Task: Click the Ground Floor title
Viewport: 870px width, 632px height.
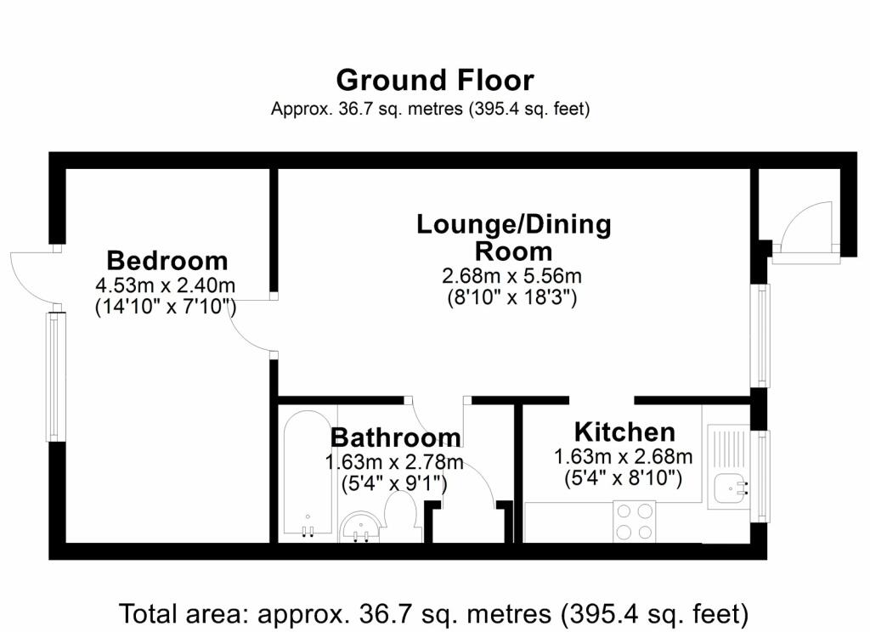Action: tap(434, 81)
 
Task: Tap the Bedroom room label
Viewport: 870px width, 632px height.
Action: tap(167, 261)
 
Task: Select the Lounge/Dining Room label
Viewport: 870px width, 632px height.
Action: tap(514, 238)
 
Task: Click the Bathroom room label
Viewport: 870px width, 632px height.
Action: tap(396, 437)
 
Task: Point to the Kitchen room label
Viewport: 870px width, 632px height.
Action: tap(624, 432)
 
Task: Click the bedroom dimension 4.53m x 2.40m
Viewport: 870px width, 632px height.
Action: tap(166, 285)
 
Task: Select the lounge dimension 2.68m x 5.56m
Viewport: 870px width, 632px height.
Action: tap(511, 276)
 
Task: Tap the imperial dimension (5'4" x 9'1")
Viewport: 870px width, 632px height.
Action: tap(394, 484)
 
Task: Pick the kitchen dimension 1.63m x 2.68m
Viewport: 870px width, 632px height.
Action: tap(623, 457)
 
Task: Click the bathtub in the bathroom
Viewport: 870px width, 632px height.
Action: tap(308, 474)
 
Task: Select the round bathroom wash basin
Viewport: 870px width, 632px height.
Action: tap(360, 527)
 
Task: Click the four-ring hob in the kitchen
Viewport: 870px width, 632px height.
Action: tap(634, 521)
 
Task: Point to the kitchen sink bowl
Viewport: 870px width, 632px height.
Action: tap(731, 488)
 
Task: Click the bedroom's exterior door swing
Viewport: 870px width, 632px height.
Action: tap(33, 277)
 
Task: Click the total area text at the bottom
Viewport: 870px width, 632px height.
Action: tap(434, 613)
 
